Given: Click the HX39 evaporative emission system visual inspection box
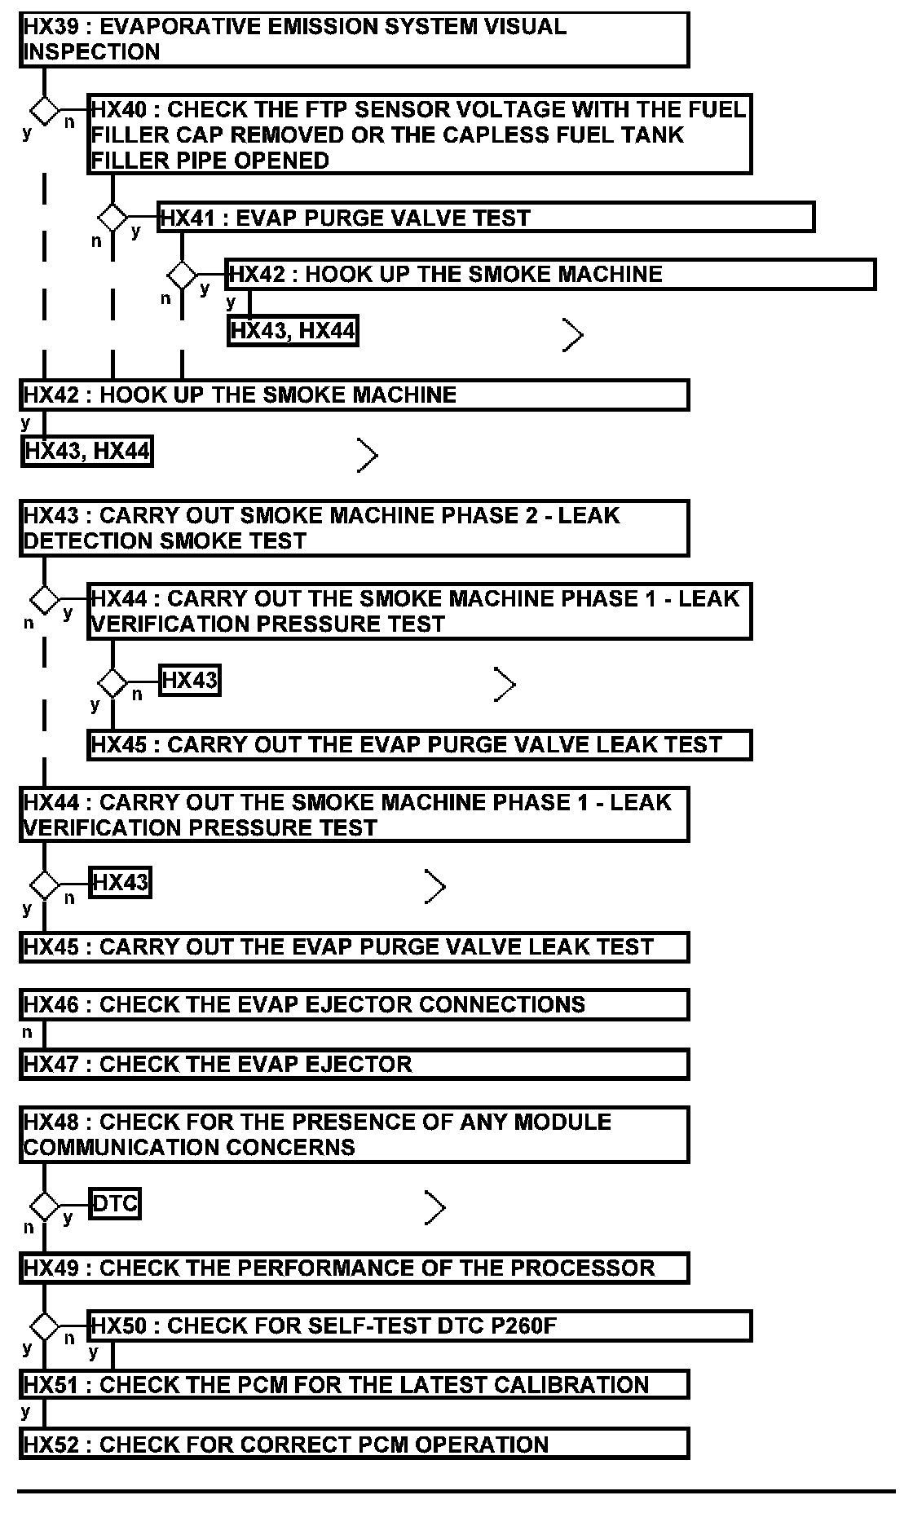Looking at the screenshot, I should (354, 39).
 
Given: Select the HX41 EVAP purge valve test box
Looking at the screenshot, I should (486, 218).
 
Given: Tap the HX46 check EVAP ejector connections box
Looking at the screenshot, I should (354, 1004).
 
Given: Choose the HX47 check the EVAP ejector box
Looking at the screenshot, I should (354, 1065).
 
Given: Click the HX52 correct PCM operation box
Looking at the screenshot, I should (354, 1445).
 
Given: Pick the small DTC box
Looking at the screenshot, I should (115, 1203).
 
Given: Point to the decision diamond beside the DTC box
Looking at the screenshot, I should (44, 1205).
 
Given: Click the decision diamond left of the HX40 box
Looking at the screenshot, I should (44, 109).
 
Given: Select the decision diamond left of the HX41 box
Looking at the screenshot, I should (112, 218).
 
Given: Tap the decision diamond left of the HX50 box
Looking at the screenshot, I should (44, 1326).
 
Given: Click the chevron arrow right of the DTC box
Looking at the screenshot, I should (435, 1207).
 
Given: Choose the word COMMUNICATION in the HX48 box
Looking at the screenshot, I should (121, 1148).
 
